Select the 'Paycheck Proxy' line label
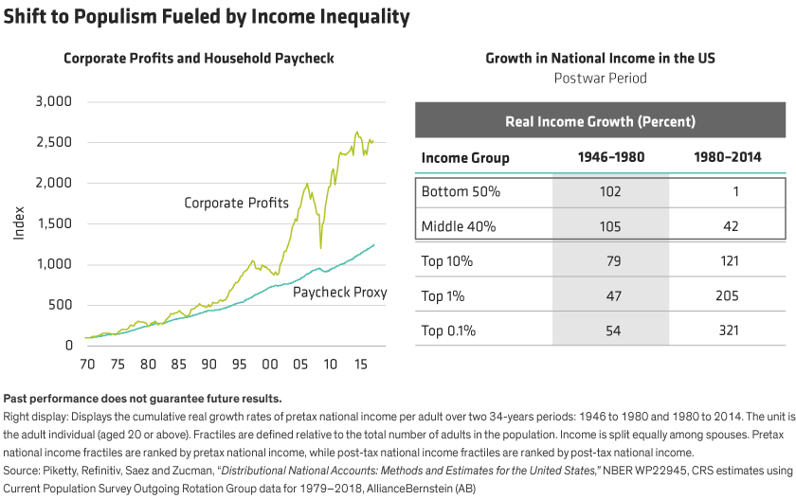click(340, 294)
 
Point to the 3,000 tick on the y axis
click(53, 101)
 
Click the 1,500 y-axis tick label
click(53, 223)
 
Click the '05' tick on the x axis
click(298, 363)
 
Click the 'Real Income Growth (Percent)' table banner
click(600, 122)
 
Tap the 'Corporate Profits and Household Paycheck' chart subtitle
click(199, 59)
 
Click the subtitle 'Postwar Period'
click(600, 78)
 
